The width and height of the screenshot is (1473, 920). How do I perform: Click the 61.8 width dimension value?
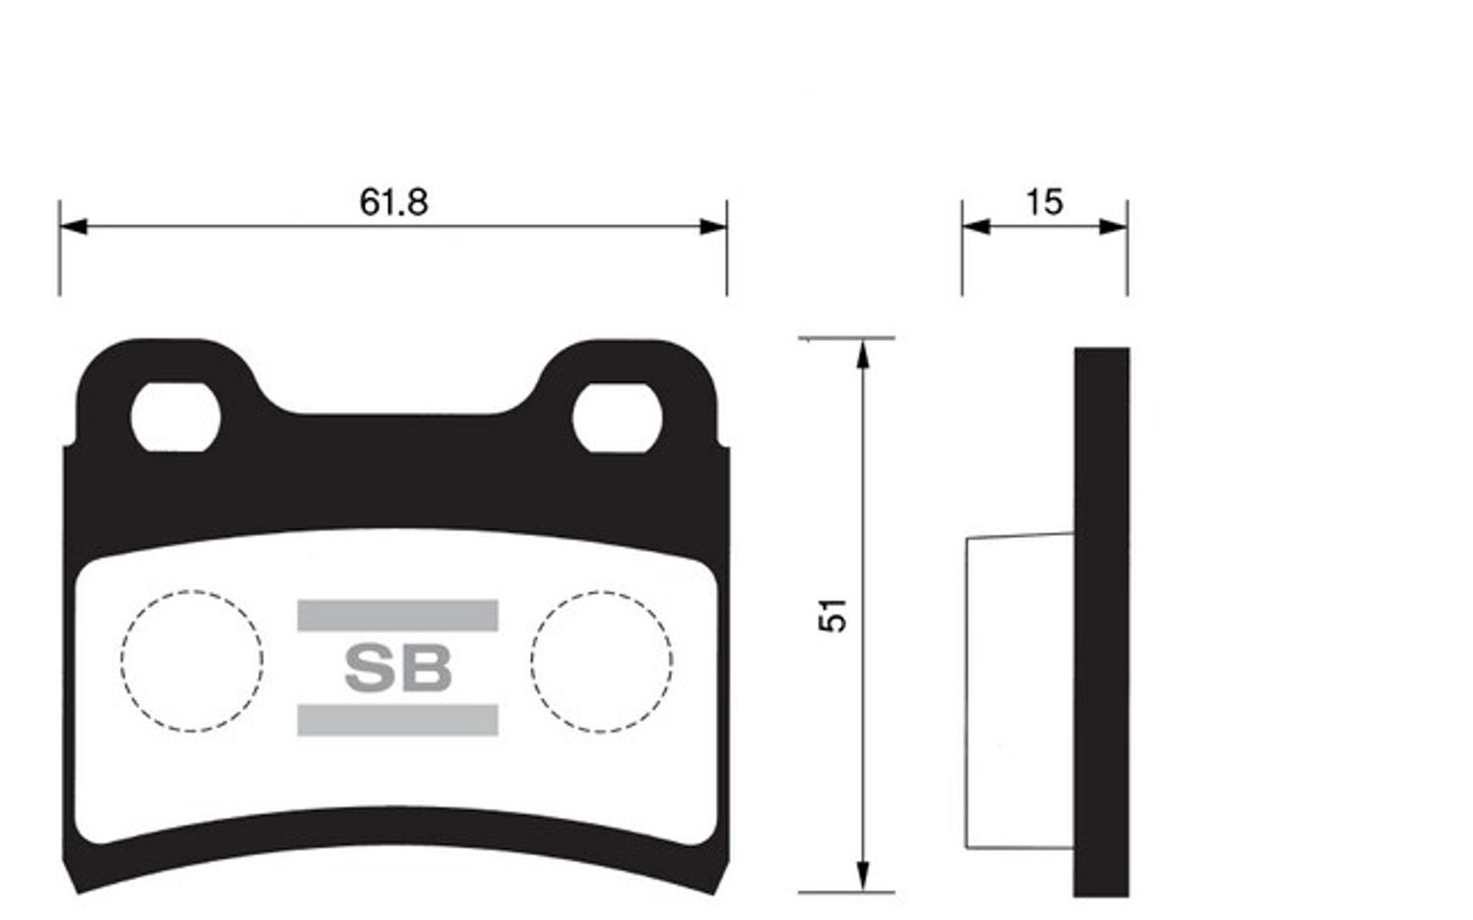[x=393, y=202]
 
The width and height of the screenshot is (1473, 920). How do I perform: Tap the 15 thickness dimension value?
[x=1044, y=202]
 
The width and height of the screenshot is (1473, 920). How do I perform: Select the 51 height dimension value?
[x=833, y=616]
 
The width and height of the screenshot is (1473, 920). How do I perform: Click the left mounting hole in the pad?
[x=176, y=417]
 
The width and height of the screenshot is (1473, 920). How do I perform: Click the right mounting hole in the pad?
[x=617, y=417]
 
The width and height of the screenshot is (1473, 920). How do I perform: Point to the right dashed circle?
[x=531, y=662]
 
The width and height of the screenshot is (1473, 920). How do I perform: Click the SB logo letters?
[x=399, y=668]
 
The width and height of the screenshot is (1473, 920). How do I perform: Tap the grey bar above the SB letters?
[x=398, y=615]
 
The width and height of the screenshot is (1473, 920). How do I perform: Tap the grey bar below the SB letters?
[x=398, y=720]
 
